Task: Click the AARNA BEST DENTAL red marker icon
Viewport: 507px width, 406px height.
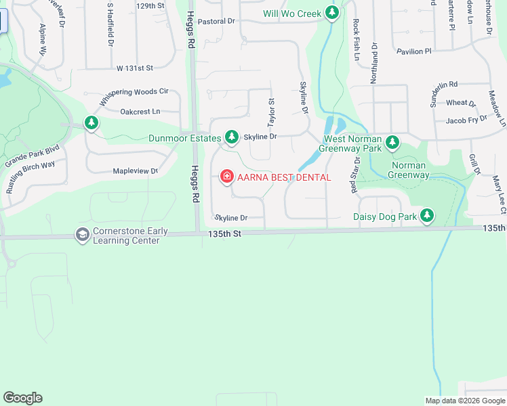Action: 226,177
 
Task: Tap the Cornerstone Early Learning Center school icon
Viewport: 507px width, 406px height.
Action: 83,234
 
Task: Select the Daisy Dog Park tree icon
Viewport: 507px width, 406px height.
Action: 426,217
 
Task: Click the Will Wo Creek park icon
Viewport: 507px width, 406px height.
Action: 331,12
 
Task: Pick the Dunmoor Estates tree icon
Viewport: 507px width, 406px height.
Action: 232,138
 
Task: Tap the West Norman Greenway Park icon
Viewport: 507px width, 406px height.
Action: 392,142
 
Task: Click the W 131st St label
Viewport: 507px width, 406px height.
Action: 136,68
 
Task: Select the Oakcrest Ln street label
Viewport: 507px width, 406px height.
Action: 140,112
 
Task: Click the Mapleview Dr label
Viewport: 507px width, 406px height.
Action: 135,171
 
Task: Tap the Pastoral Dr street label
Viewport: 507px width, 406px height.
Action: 217,22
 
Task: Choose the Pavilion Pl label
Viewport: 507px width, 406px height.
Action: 413,51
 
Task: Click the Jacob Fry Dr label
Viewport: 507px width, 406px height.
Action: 466,119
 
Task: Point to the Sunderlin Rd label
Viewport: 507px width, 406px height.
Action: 441,85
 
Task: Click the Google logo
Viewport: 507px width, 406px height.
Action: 22,398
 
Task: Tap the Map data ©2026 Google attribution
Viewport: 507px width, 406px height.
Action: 464,401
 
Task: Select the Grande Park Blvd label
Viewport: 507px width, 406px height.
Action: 33,155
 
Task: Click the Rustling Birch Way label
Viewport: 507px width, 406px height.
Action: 31,177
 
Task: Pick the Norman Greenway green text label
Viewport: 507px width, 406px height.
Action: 408,170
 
